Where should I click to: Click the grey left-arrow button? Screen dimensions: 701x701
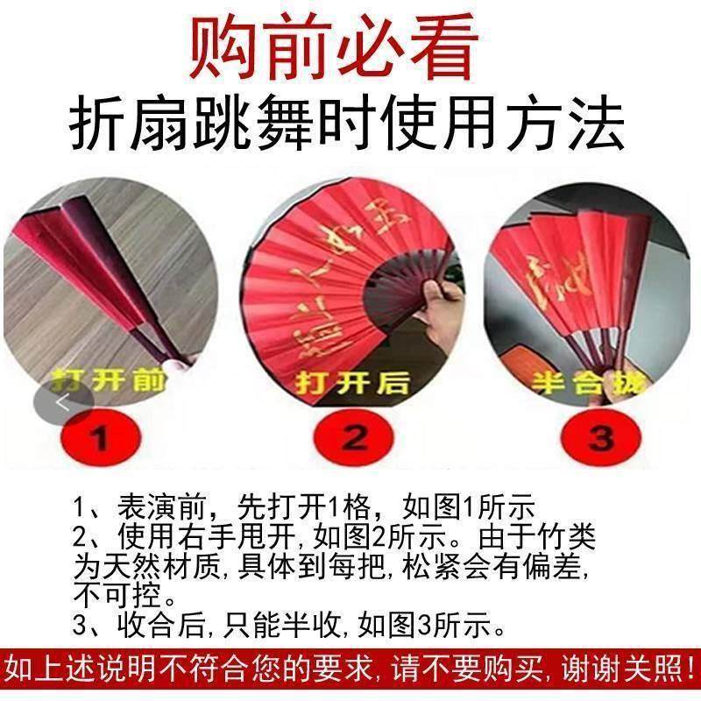pyautogui.click(x=63, y=401)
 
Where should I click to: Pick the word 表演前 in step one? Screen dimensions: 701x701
pyautogui.click(x=165, y=507)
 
